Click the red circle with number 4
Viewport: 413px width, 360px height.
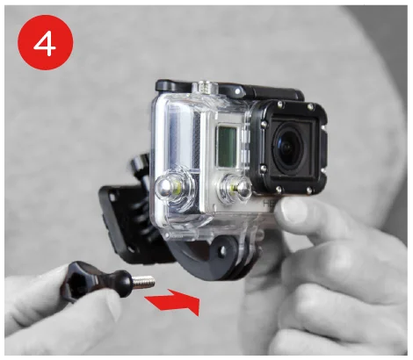point(46,42)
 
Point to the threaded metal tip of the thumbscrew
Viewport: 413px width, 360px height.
point(144,282)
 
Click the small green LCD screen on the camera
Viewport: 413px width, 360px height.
point(227,147)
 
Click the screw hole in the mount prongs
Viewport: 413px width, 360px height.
point(223,250)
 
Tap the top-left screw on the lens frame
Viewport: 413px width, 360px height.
point(280,103)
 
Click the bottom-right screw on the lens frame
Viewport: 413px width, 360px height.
point(308,191)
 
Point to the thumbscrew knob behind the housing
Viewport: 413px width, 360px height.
point(141,165)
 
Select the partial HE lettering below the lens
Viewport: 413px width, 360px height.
point(267,203)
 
